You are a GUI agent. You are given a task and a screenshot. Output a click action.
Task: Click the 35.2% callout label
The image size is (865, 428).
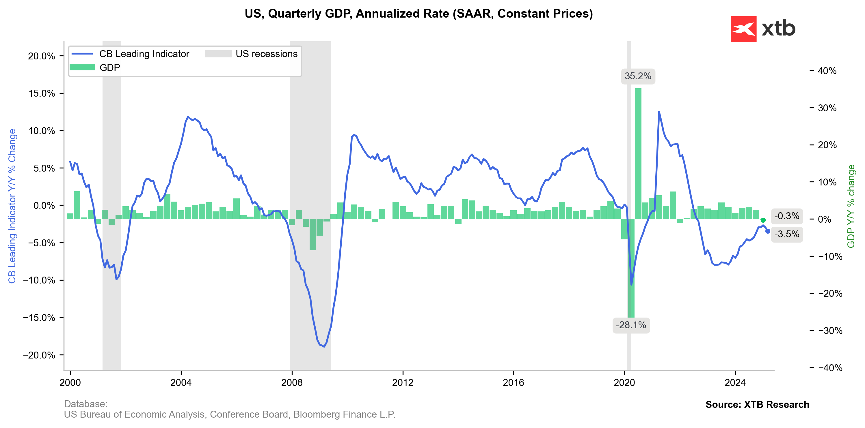(x=637, y=76)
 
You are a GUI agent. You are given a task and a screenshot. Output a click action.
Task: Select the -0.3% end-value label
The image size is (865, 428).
(x=786, y=216)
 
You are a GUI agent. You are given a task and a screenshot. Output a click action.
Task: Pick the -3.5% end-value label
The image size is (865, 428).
(x=786, y=234)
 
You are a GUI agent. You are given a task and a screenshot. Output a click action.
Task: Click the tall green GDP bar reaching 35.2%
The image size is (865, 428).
(x=638, y=151)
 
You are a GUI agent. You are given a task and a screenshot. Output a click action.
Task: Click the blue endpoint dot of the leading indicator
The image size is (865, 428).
(x=768, y=231)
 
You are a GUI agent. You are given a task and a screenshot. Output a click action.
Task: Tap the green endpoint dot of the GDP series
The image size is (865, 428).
(x=763, y=220)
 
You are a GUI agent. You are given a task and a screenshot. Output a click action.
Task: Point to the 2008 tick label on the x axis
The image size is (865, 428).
(x=292, y=383)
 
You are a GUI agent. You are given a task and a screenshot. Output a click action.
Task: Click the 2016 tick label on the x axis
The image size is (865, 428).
(x=513, y=383)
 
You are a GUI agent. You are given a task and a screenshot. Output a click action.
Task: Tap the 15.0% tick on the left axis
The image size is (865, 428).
(x=42, y=93)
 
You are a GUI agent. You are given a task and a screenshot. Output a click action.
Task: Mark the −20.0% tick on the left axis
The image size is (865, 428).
(x=39, y=355)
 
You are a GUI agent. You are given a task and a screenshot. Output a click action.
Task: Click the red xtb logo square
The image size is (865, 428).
(x=743, y=29)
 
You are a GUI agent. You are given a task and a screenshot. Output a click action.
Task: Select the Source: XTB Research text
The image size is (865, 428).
(x=757, y=405)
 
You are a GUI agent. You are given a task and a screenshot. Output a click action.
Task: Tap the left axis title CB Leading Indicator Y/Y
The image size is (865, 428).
(x=12, y=206)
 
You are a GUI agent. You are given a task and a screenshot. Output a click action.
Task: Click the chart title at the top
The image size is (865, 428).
(x=418, y=14)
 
